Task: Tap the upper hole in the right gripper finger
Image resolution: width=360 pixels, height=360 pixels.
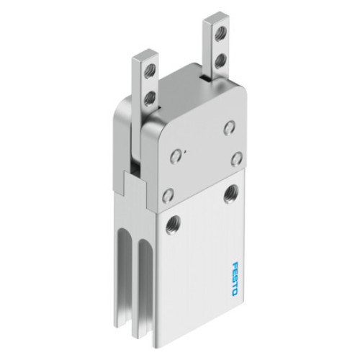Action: click(x=221, y=34)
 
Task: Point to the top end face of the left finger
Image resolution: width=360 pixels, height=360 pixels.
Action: click(x=144, y=54)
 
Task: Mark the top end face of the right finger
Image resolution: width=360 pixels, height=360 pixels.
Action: click(x=216, y=17)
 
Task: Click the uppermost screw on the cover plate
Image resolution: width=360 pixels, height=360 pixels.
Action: click(x=229, y=128)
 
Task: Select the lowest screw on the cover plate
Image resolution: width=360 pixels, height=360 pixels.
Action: click(x=168, y=194)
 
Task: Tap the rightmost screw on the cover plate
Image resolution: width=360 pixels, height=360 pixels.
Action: click(x=237, y=158)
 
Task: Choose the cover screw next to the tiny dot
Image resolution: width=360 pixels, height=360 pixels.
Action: click(x=175, y=156)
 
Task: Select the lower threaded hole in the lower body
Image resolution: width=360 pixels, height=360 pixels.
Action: click(x=173, y=225)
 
